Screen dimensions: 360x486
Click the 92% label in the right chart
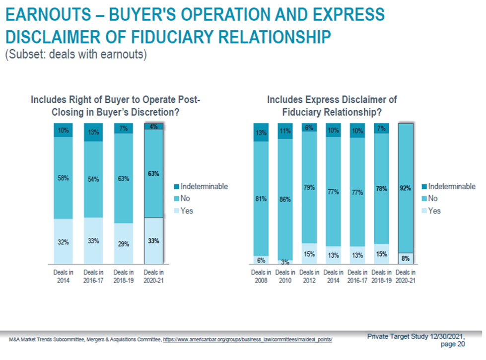coord(406,188)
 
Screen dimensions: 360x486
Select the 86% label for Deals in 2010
coord(285,199)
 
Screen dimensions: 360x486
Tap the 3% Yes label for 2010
coord(285,261)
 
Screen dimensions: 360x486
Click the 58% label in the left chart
coord(63,178)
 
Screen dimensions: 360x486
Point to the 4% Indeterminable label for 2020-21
coord(153,127)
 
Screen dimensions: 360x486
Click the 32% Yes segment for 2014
coord(63,242)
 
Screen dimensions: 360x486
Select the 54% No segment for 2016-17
coord(93,179)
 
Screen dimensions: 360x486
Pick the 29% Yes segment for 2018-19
coord(123,243)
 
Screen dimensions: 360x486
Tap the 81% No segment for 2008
coord(261,199)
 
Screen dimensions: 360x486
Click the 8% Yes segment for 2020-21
coord(406,258)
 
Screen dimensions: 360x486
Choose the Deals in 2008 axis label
coord(261,276)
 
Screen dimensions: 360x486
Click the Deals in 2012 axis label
coord(309,276)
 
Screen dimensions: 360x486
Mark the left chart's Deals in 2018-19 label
coord(123,276)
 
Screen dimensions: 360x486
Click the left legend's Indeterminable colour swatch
coord(176,187)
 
